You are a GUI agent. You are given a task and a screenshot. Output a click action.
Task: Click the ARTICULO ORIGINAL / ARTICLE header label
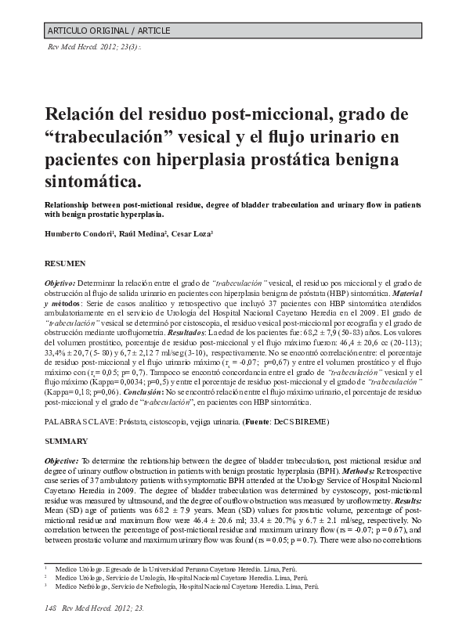coord(109,31)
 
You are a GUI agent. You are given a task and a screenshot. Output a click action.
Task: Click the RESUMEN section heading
coord(66,264)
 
